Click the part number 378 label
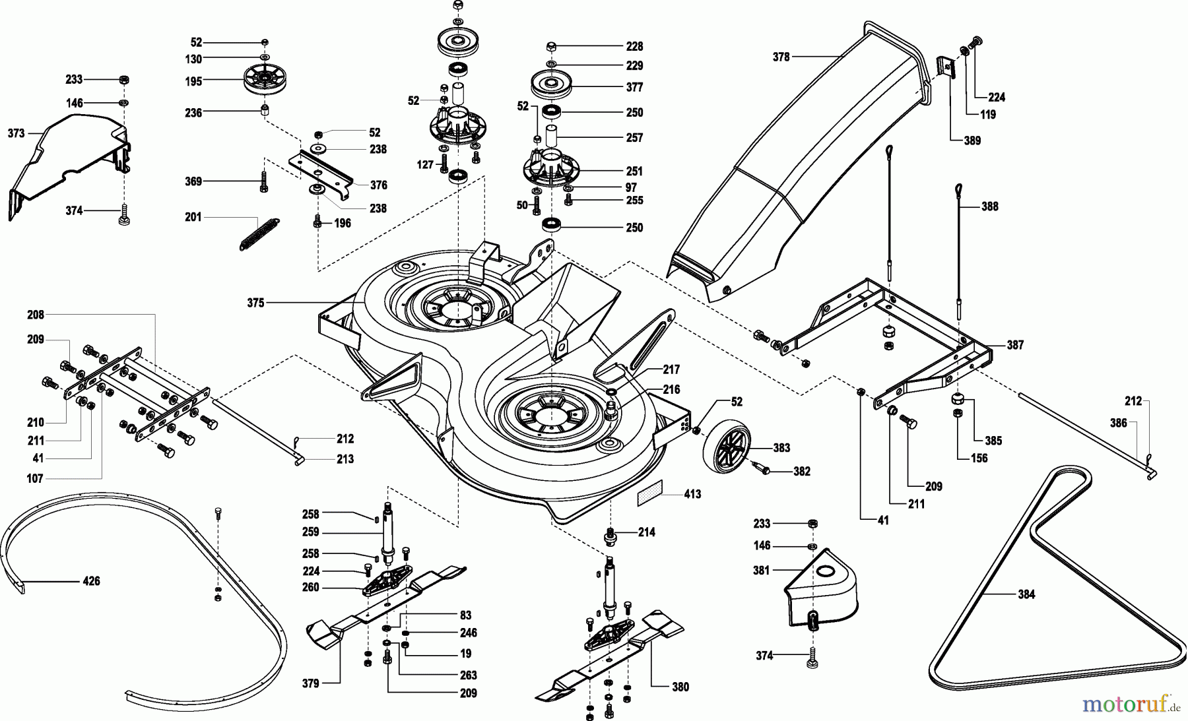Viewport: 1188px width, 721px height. pos(781,57)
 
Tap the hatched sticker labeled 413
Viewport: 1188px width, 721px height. pos(651,495)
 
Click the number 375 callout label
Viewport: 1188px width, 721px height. pos(255,303)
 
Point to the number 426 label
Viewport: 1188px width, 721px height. pos(91,581)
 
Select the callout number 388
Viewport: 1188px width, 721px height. pos(989,206)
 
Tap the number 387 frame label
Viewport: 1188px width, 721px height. pos(1015,345)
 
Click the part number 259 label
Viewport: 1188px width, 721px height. pos(310,532)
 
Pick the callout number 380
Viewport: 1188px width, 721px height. pos(680,687)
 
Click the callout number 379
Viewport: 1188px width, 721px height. pos(310,683)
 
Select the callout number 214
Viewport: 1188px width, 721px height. pos(647,532)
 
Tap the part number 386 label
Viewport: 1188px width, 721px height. pos(1118,423)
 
